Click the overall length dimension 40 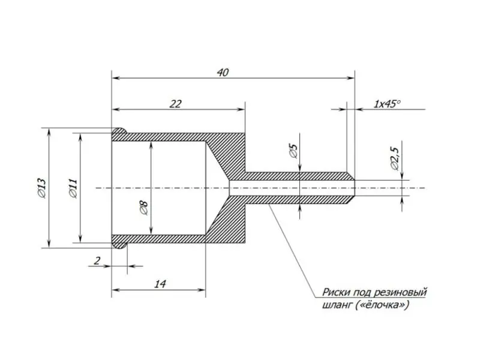click(x=223, y=73)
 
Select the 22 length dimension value click(x=176, y=104)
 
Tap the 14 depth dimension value click(x=160, y=284)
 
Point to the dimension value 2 click(x=97, y=261)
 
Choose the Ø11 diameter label click(x=73, y=188)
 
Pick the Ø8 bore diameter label click(x=143, y=207)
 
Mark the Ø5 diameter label click(x=293, y=151)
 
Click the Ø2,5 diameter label click(x=395, y=158)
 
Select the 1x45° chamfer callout click(x=386, y=104)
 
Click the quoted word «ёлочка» click(x=382, y=305)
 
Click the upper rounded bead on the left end click(x=119, y=131)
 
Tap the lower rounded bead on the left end click(x=119, y=245)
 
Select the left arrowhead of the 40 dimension click(x=116, y=78)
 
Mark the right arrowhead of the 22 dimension click(x=241, y=109)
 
